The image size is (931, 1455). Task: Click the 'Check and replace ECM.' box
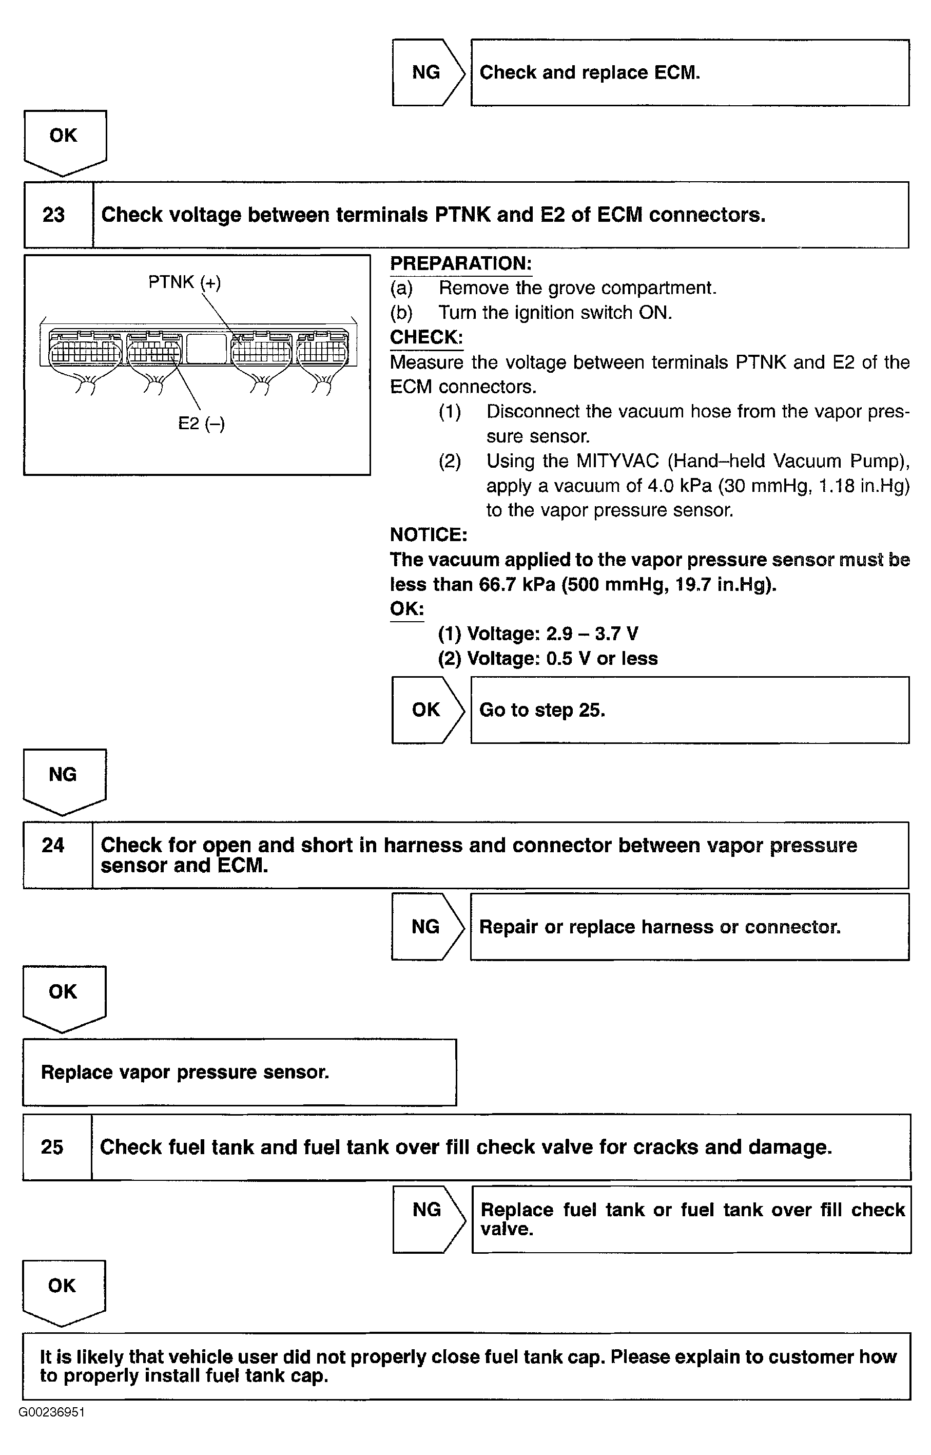(x=689, y=72)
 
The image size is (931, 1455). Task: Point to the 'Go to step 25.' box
(x=689, y=710)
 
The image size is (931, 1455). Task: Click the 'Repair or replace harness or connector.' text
(x=660, y=927)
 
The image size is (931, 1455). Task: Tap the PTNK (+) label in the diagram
(x=184, y=282)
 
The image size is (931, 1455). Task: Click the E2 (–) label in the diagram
(x=201, y=424)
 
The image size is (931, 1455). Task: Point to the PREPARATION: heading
(x=461, y=264)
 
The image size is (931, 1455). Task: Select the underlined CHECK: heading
(x=426, y=337)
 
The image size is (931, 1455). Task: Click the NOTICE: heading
(x=429, y=534)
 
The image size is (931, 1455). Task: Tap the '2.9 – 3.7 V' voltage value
(x=592, y=634)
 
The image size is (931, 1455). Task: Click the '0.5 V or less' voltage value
(x=602, y=659)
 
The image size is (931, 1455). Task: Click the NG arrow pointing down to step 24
(x=64, y=779)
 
